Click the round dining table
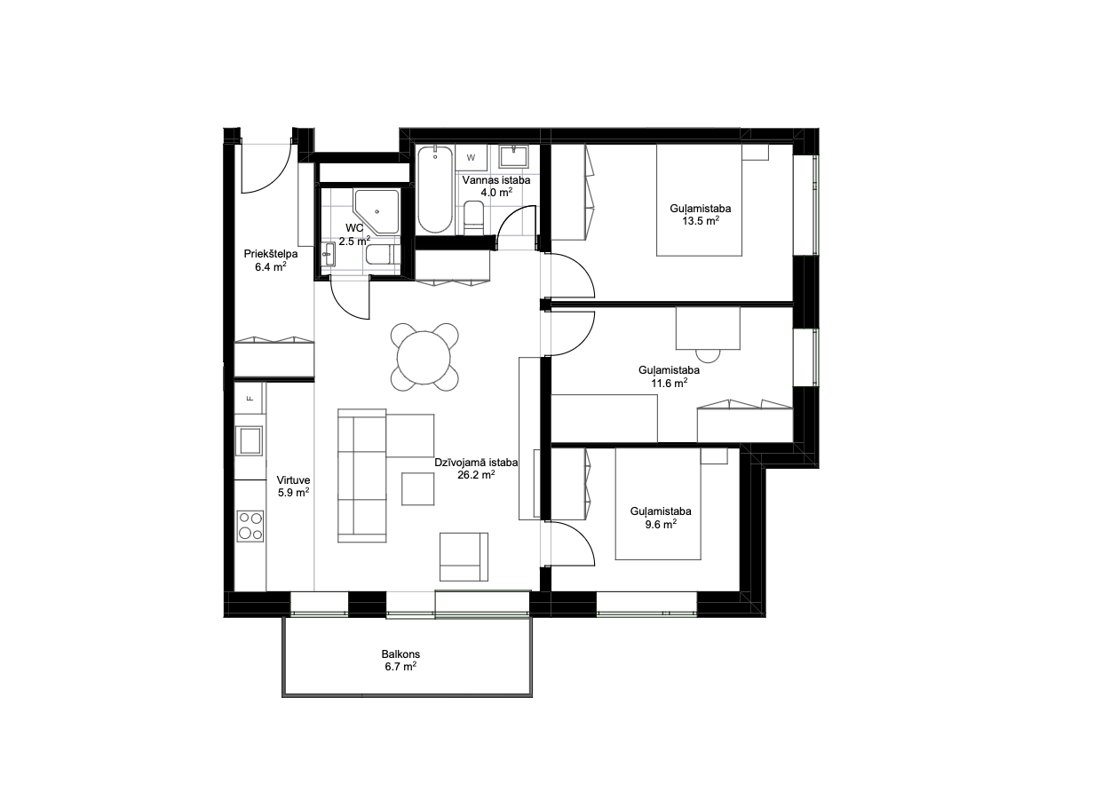click(424, 357)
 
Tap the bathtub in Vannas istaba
click(434, 189)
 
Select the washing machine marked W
click(471, 158)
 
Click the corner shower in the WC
click(377, 211)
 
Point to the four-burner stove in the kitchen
click(250, 526)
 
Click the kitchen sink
click(250, 440)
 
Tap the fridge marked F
click(250, 398)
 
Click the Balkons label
click(400, 654)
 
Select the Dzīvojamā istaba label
click(476, 463)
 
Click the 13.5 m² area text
click(701, 220)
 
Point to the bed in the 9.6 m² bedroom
click(658, 504)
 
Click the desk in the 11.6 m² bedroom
click(708, 328)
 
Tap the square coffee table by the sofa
click(417, 488)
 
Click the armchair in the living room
click(464, 557)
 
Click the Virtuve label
click(293, 479)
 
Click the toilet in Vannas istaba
click(474, 218)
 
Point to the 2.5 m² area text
click(354, 242)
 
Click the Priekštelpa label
click(271, 254)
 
